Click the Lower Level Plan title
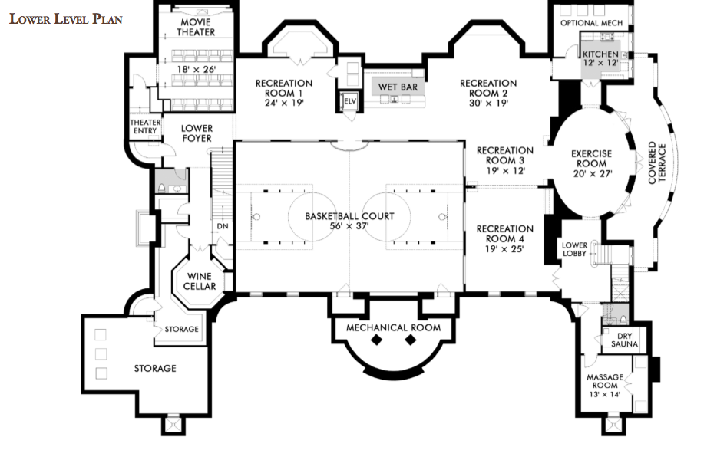tap(66, 19)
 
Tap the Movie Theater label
tap(196, 27)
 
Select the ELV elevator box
tap(349, 101)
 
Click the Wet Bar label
tap(398, 87)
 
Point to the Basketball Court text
tap(349, 216)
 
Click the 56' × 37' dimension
tap(349, 226)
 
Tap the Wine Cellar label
tap(200, 281)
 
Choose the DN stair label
tap(223, 226)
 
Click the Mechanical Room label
tap(394, 327)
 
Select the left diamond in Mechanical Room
tap(376, 340)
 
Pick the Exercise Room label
tap(592, 159)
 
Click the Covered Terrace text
tap(657, 163)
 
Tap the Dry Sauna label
tap(624, 340)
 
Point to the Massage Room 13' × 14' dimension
tap(605, 394)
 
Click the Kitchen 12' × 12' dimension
tap(600, 63)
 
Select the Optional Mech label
tap(592, 23)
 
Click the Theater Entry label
tap(145, 127)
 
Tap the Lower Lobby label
tap(574, 249)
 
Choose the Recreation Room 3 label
tap(505, 155)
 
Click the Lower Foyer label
tap(197, 133)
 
